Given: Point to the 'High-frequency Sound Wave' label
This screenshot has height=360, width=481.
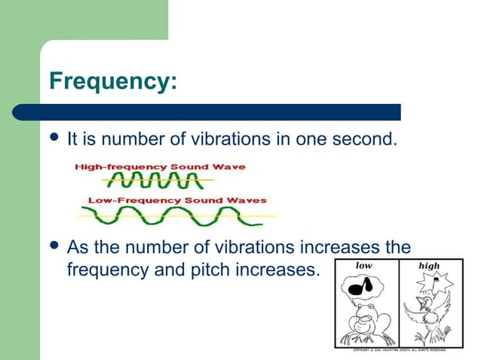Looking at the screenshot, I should tap(159, 166).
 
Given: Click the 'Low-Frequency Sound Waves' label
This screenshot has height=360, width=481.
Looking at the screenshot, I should tap(177, 200).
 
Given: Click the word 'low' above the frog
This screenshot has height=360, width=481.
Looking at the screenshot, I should tap(364, 265).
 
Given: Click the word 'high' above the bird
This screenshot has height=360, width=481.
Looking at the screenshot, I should tap(429, 265).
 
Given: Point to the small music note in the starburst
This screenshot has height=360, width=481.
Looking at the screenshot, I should tap(435, 281).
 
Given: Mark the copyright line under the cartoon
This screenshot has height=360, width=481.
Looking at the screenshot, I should tap(399, 349).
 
